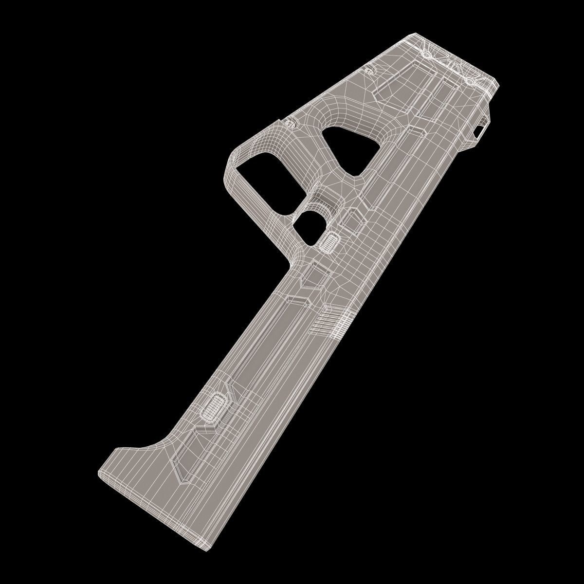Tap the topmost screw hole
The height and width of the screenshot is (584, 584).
tap(426, 53)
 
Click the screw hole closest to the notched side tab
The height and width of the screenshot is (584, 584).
tap(471, 80)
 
